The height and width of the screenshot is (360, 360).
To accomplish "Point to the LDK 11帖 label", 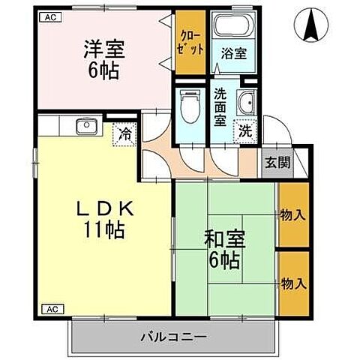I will pos(105,219).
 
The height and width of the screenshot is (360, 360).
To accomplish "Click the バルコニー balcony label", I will pos(173,336).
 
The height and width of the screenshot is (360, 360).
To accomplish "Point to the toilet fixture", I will pos(189,106).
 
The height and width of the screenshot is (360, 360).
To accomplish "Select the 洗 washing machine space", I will pos(244,129).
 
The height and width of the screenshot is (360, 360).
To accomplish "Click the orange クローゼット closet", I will pos(190,43).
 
